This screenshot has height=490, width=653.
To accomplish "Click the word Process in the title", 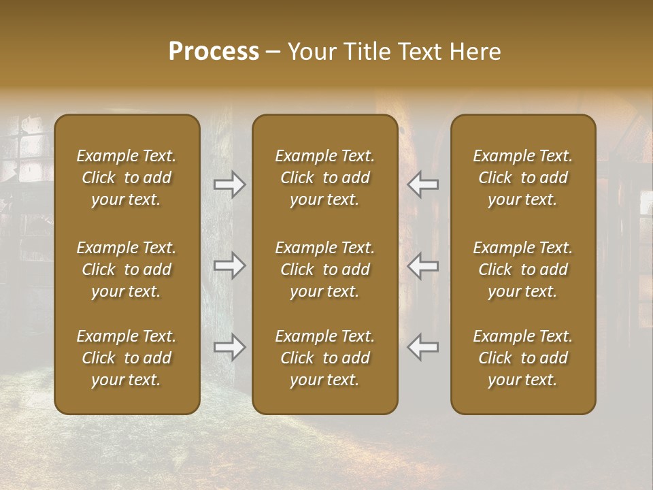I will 214,52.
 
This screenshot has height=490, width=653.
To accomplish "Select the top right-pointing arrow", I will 230,184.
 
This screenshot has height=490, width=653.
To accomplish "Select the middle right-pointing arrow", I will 230,265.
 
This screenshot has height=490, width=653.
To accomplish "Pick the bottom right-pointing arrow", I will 230,347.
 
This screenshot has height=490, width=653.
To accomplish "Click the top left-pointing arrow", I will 422,184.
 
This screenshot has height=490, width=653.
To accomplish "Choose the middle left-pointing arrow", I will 422,265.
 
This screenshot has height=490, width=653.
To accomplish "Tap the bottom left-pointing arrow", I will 422,347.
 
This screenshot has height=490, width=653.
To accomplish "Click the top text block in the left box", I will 127,178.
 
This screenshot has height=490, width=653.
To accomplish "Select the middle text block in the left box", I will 127,269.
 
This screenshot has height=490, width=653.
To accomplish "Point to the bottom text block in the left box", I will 127,358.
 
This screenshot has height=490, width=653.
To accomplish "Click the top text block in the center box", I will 324,178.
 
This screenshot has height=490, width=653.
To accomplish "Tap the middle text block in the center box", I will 324,269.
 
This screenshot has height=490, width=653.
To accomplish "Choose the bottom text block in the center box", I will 324,358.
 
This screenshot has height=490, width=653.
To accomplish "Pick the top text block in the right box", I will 522,178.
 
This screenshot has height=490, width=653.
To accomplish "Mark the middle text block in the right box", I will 522,269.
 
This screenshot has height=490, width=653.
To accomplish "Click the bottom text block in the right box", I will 522,358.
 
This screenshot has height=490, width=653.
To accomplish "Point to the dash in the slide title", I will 273,52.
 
